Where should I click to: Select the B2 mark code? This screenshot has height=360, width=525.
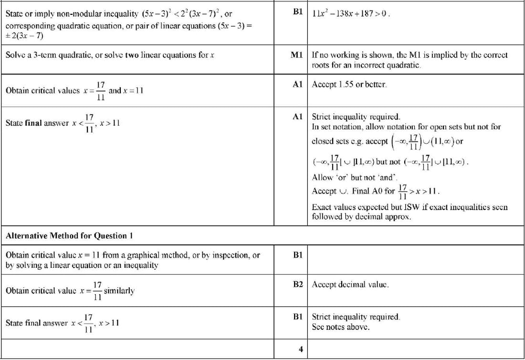click(x=298, y=284)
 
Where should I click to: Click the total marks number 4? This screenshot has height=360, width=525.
click(x=301, y=349)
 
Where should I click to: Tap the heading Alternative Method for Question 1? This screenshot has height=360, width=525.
click(x=69, y=235)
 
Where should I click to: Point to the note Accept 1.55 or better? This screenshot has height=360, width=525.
click(x=349, y=85)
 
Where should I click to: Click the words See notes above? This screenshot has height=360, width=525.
click(x=341, y=327)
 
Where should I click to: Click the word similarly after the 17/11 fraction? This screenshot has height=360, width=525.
click(x=119, y=290)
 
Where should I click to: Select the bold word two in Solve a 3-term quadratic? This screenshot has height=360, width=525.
click(x=132, y=55)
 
